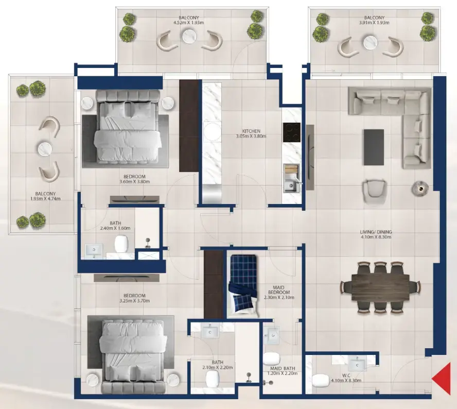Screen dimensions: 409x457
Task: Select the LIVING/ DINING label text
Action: click(x=377, y=232)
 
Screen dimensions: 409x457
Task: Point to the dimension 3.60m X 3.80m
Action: click(x=134, y=182)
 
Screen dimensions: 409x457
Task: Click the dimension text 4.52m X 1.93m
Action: click(x=190, y=23)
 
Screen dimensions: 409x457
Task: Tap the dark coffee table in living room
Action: click(x=373, y=147)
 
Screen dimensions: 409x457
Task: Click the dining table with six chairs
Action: click(x=380, y=287)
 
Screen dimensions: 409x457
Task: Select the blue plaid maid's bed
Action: click(x=242, y=286)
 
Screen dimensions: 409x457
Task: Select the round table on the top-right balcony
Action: click(x=370, y=43)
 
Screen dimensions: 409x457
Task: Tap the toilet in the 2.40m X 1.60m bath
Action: click(x=122, y=243)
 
